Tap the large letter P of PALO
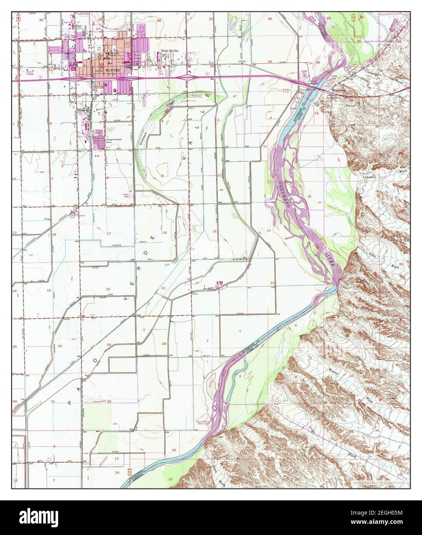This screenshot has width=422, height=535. tap(70, 403)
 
